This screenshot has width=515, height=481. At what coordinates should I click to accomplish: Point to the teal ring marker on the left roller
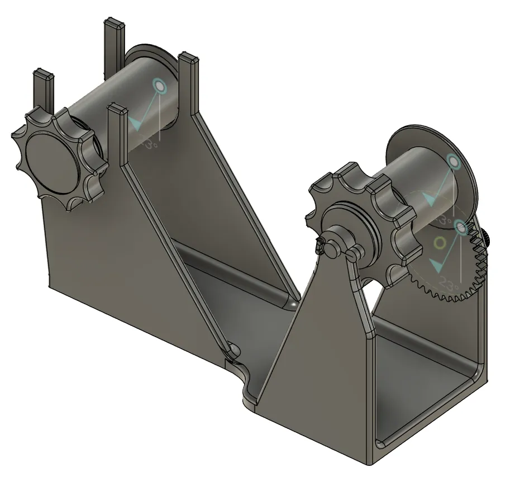[159, 86]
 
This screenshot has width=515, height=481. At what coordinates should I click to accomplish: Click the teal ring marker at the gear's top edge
[461, 227]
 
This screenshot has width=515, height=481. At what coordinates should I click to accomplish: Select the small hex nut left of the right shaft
[321, 244]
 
